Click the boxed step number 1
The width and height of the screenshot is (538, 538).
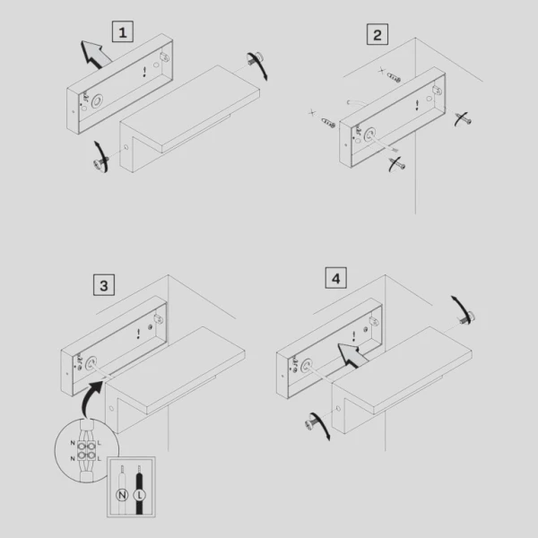pos(123,31)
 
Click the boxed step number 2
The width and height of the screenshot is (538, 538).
pos(377,34)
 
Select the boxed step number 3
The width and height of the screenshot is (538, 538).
pos(104,285)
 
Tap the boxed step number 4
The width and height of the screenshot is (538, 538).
pos(336,278)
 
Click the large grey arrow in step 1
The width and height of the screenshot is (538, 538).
pos(95,54)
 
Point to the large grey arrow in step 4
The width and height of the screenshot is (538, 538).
pos(351,355)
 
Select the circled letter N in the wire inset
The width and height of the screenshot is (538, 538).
pos(122,495)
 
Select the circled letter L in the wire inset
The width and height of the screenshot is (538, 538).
pos(140,495)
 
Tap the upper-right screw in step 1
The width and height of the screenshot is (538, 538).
pos(255,58)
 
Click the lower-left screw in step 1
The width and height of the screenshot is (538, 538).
pos(100,163)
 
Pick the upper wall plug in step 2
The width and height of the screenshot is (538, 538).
pos(394,77)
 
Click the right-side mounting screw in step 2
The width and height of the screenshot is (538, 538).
pos(464,119)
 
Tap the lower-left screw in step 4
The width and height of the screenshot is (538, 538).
pos(313,421)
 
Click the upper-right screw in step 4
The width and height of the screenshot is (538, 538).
pos(467,318)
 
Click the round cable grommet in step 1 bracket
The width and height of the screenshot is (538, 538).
pos(97,100)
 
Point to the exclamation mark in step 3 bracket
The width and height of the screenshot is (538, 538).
pos(138,334)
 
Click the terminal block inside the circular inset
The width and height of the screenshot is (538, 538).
pos(86,450)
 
